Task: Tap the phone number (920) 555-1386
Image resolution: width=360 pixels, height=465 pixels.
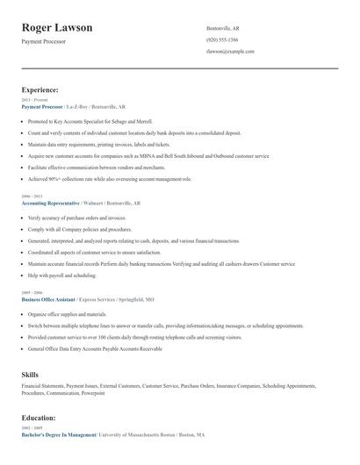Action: click(x=221, y=39)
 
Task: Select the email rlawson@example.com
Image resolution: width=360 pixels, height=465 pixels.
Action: click(x=230, y=52)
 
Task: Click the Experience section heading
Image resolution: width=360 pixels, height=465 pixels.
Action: click(x=40, y=89)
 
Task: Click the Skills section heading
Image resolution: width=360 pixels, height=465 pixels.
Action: click(x=31, y=375)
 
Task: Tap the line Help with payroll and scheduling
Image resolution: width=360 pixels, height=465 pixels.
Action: click(x=61, y=274)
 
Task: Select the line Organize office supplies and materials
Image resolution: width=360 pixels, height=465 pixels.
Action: click(x=67, y=313)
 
